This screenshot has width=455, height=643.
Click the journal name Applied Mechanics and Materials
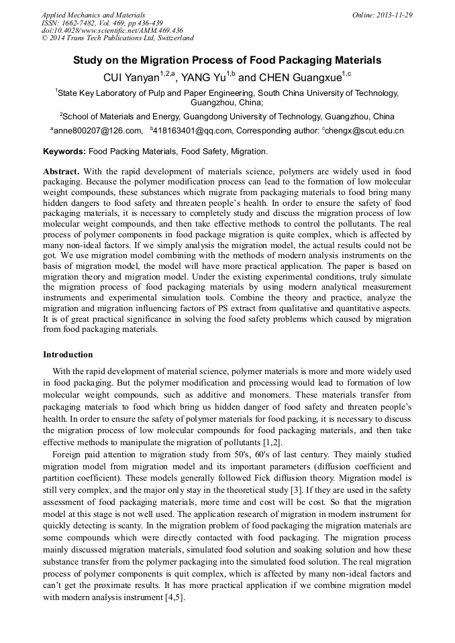[85, 14]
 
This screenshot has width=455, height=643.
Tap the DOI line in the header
[112, 30]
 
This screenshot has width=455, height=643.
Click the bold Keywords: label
[64, 152]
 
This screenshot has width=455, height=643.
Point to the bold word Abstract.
[62, 172]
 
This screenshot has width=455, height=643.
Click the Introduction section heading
[68, 355]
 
